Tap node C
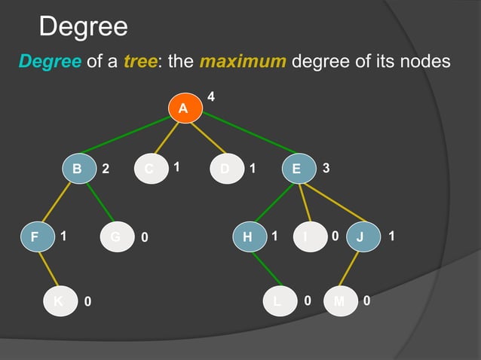(x=150, y=169)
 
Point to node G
(x=116, y=237)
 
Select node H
(x=248, y=237)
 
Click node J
(x=360, y=237)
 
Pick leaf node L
(x=277, y=301)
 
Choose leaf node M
(x=339, y=301)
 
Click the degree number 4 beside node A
(x=211, y=96)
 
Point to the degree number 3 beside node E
(x=325, y=169)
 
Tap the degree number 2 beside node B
(x=106, y=170)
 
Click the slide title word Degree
(x=83, y=28)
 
